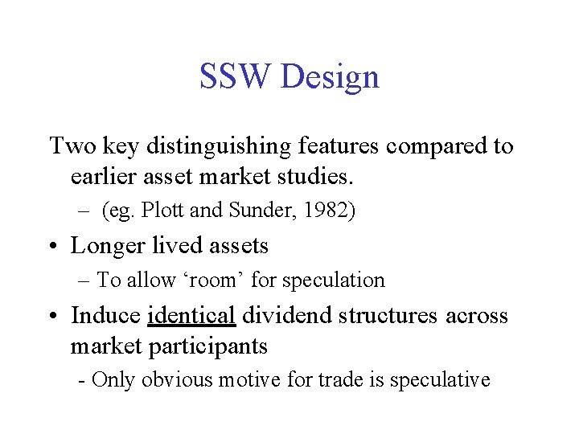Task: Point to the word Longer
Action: click(x=106, y=246)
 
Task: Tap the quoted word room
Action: click(x=219, y=280)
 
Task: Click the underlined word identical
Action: click(x=191, y=315)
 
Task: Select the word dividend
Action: click(x=281, y=315)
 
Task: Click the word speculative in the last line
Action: click(x=440, y=380)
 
